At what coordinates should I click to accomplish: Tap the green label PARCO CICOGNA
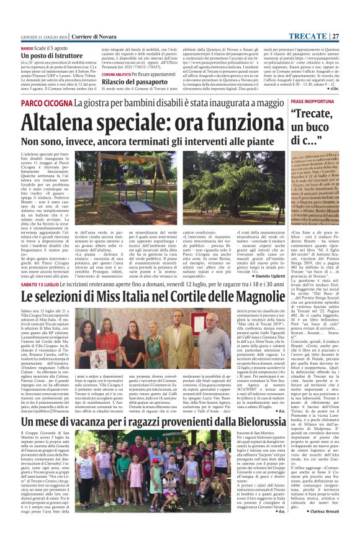point(50,102)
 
